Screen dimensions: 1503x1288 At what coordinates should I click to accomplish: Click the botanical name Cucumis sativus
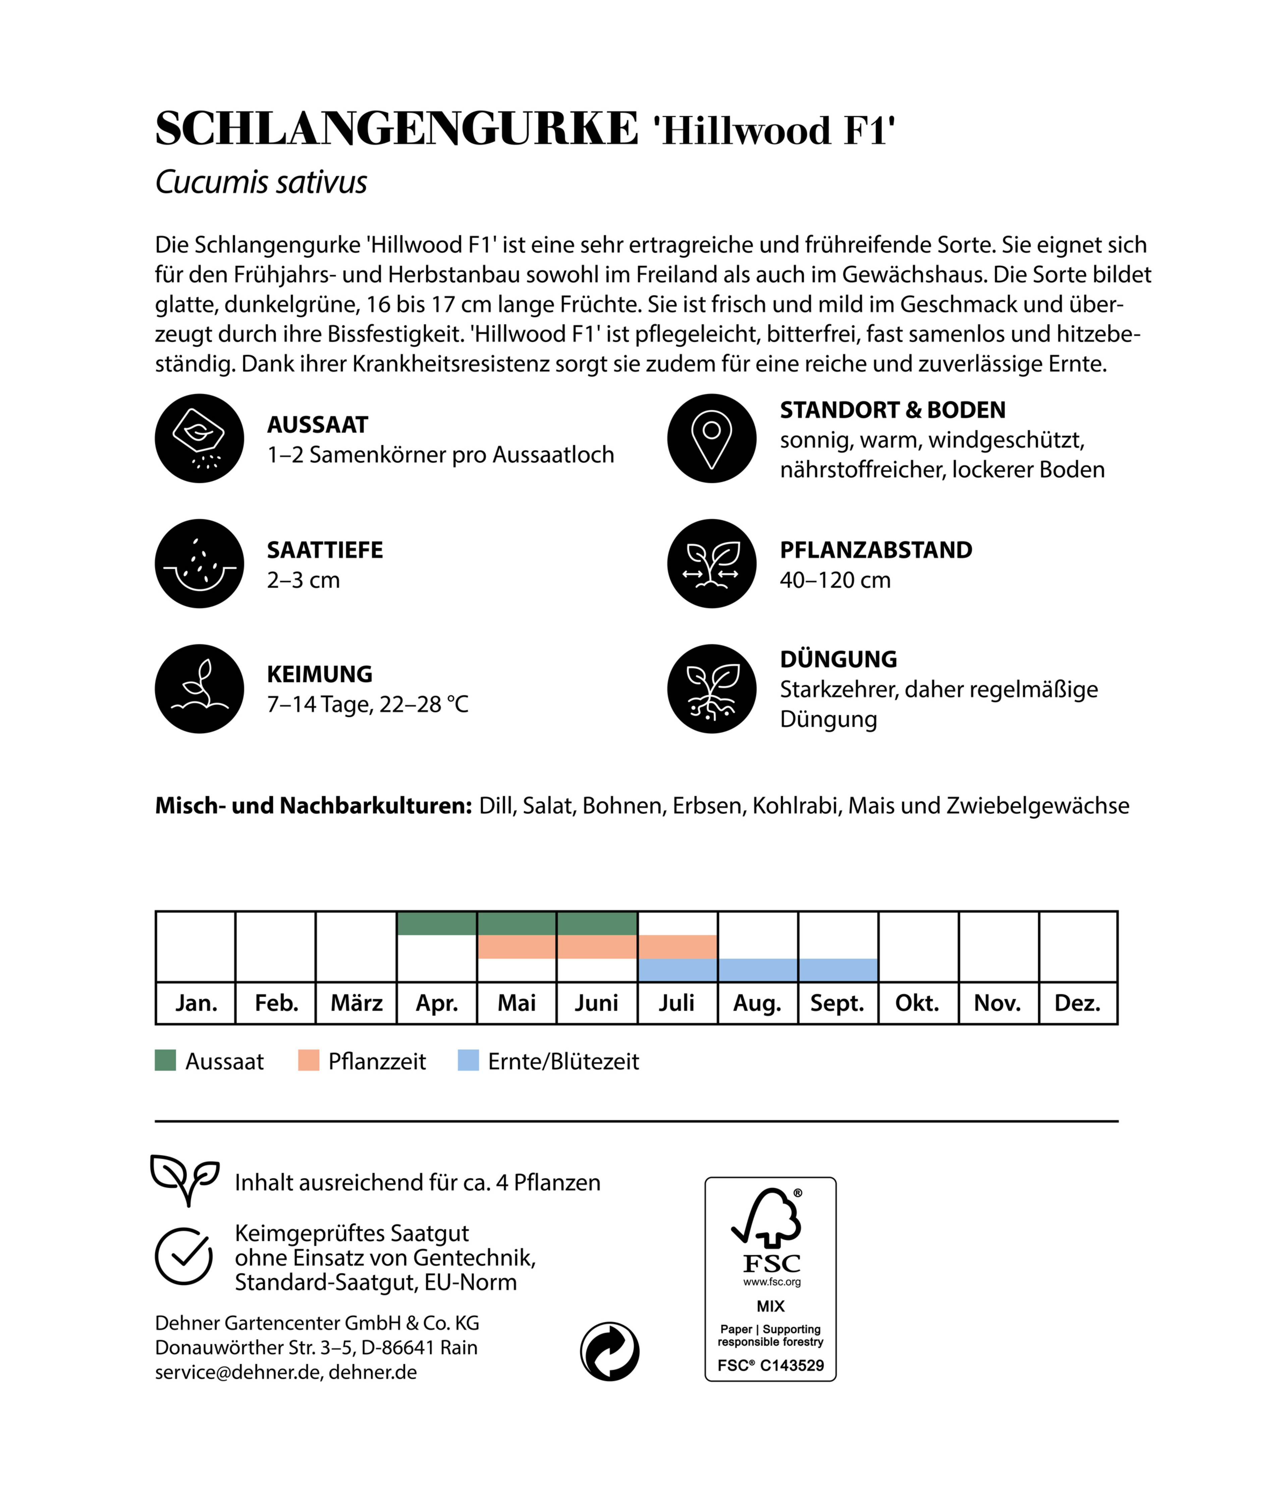(261, 182)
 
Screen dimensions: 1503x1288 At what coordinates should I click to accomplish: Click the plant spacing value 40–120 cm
(835, 580)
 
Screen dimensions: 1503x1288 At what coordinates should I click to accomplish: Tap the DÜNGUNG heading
(838, 659)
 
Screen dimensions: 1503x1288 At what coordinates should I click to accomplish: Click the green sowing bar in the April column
(437, 923)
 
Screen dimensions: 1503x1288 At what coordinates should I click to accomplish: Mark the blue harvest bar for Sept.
(838, 970)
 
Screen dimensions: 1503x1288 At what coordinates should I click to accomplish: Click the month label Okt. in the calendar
(917, 1003)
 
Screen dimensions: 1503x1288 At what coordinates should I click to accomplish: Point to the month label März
(356, 1003)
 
